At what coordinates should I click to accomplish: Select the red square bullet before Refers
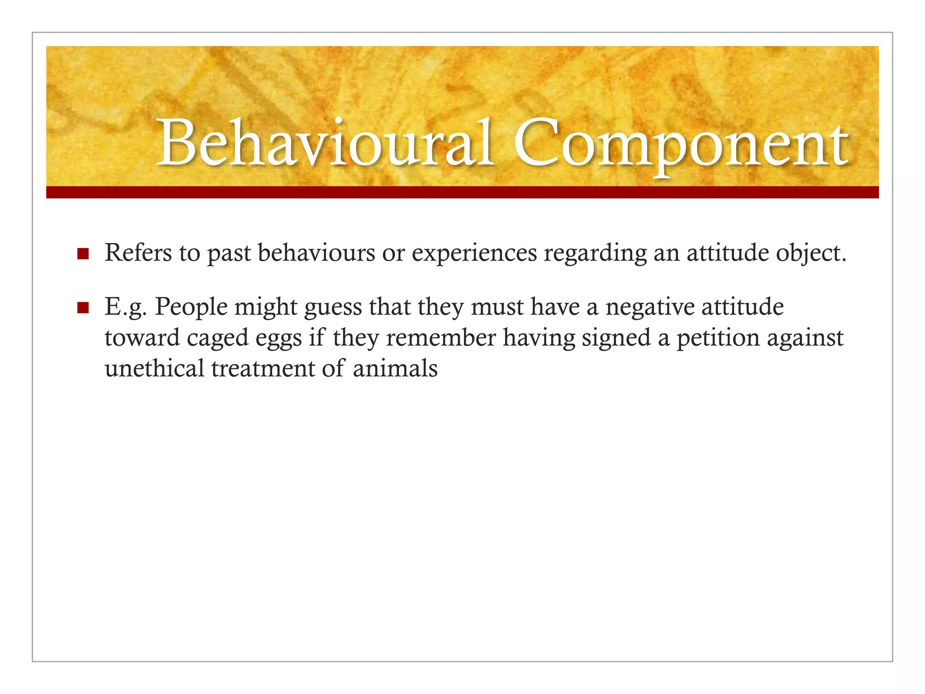click(x=83, y=253)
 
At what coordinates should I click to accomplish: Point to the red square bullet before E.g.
click(x=83, y=308)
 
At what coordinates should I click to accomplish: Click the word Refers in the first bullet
click(x=138, y=253)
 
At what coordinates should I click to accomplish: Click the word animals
click(x=395, y=369)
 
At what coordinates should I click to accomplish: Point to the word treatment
click(x=263, y=369)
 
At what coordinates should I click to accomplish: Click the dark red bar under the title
click(x=462, y=192)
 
